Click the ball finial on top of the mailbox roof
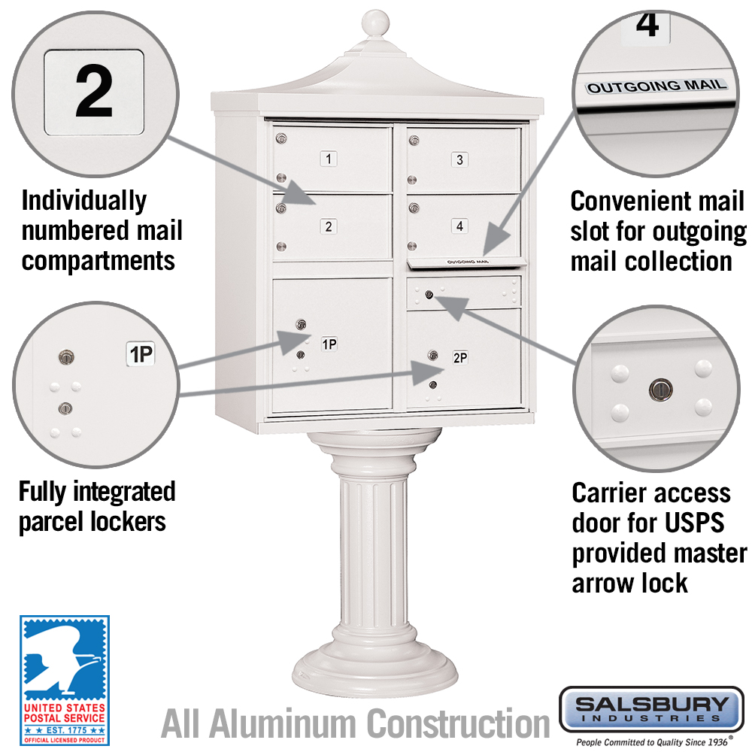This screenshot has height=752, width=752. [374, 23]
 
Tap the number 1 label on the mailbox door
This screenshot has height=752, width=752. [329, 159]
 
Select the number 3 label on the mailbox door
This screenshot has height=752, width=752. [459, 159]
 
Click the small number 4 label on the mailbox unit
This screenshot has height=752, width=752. [459, 226]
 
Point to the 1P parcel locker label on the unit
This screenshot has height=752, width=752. [329, 344]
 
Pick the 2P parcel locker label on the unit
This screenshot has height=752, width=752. [459, 358]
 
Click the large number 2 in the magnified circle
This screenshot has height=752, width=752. [94, 92]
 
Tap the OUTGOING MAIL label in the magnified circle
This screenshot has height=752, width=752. [656, 86]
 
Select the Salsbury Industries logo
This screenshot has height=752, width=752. [651, 709]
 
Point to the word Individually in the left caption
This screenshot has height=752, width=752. [83, 201]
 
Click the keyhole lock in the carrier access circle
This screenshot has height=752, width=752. [656, 388]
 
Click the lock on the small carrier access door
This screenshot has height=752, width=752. [428, 294]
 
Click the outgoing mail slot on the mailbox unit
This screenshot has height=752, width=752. [464, 262]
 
